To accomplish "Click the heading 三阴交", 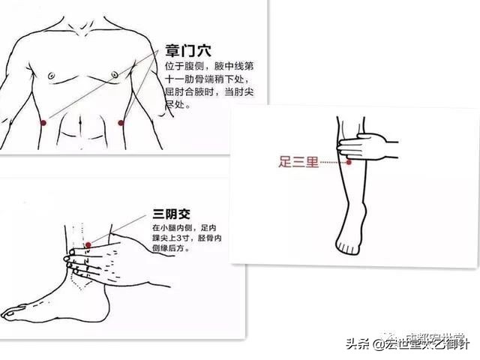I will (170, 212).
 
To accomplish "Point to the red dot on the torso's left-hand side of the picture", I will (43, 122).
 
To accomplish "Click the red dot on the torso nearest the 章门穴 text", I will (120, 123).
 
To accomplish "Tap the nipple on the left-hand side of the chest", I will (51, 75).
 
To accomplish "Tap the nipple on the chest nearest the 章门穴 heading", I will (113, 74).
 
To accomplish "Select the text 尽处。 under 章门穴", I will (178, 106).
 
